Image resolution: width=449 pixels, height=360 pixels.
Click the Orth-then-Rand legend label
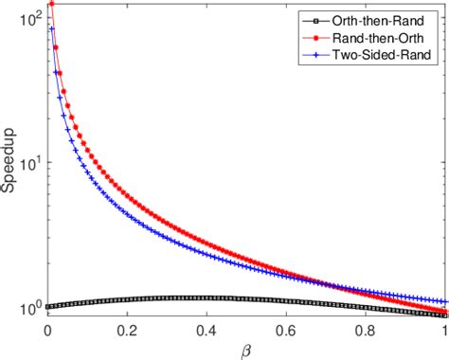[388, 17]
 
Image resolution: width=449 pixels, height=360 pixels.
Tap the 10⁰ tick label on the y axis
[30, 307]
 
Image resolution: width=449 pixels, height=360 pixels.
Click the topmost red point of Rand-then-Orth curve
[51, 4]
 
